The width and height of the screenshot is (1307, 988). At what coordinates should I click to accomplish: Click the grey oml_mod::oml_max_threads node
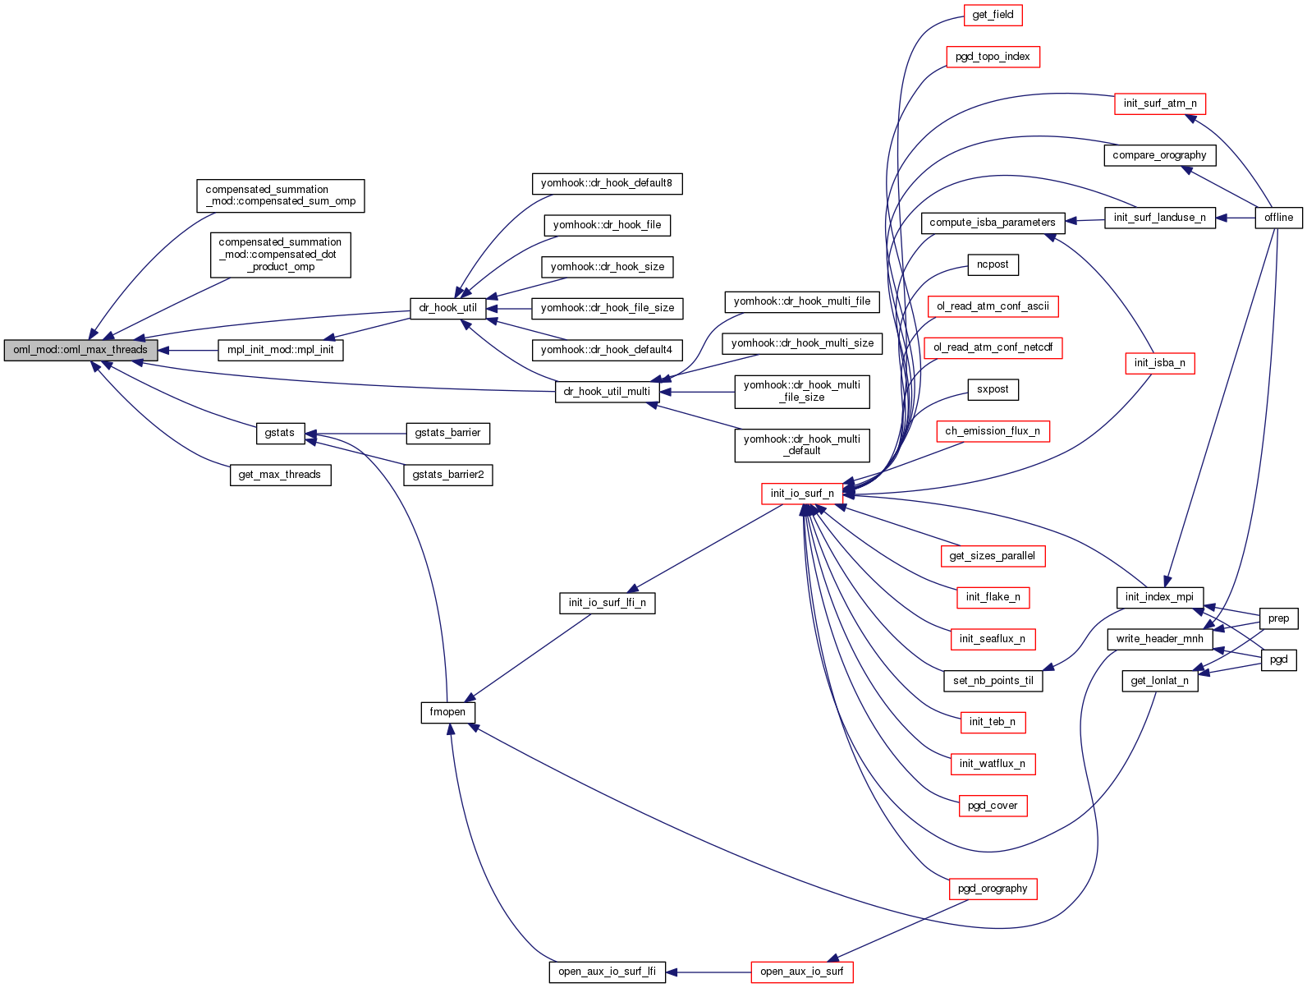tap(80, 350)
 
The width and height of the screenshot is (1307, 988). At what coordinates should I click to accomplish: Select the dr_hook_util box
tap(447, 308)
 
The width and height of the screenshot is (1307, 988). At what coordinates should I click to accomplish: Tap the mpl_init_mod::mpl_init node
tap(280, 350)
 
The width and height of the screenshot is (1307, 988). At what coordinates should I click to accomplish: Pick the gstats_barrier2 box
tap(447, 475)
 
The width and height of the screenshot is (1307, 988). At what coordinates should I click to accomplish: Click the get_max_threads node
tap(279, 475)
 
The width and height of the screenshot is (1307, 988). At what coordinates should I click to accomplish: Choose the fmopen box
tap(447, 712)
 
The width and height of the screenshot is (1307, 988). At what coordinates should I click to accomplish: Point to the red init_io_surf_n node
tap(802, 494)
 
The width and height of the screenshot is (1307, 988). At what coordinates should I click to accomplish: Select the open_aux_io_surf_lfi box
tap(607, 972)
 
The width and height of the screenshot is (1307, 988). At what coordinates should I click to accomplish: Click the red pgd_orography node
tap(993, 889)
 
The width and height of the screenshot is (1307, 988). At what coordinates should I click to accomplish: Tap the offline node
tap(1278, 218)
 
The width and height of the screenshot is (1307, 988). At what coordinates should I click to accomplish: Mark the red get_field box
tap(993, 15)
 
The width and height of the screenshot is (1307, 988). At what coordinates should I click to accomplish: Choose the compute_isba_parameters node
tap(993, 223)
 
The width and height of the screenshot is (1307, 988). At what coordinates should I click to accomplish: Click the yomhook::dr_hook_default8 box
tap(607, 183)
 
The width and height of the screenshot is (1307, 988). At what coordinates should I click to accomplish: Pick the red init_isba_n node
tap(1159, 363)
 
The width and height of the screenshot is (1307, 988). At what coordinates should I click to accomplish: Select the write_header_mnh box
tap(1159, 639)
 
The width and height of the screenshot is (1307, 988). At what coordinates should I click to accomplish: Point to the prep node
tap(1278, 618)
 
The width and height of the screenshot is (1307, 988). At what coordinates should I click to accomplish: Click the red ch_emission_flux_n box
tap(993, 431)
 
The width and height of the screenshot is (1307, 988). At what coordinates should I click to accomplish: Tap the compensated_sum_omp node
tap(280, 195)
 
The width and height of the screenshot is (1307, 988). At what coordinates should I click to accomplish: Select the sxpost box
tap(993, 389)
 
